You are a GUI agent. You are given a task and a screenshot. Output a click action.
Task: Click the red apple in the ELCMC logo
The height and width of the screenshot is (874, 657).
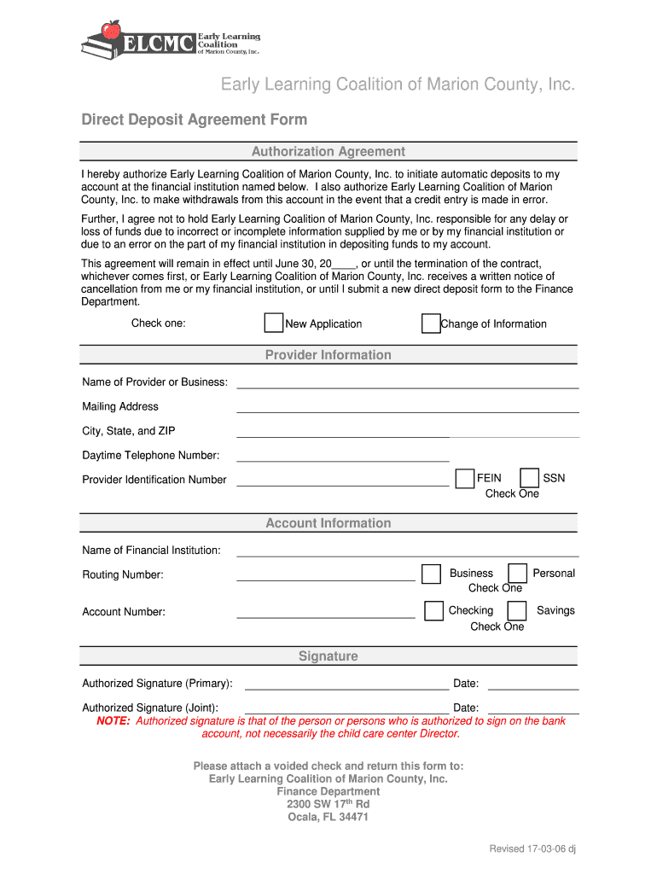[x=110, y=31]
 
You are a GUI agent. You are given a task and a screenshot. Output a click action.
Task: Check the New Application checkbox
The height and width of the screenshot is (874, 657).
[x=274, y=323]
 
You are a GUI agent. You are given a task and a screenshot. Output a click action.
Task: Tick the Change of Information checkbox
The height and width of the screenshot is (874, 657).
[x=431, y=323]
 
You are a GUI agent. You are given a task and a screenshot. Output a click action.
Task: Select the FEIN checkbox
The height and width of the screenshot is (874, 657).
[x=465, y=478]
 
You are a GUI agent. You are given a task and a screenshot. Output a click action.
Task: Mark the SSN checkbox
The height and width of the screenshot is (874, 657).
[x=530, y=478]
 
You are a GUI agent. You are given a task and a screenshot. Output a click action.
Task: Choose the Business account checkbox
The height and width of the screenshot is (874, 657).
[x=432, y=574]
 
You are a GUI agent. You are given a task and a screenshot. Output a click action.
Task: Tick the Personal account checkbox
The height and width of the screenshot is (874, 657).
[x=517, y=574]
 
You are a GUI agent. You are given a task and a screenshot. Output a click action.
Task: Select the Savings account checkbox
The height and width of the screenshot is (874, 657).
[x=517, y=610]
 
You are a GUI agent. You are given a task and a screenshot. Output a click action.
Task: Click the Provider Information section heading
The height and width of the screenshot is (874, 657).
[x=328, y=355]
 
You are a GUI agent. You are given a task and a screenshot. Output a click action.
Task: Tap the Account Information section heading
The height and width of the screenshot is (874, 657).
[x=328, y=523]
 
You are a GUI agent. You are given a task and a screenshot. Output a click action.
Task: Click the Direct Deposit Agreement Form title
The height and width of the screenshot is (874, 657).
[x=195, y=119]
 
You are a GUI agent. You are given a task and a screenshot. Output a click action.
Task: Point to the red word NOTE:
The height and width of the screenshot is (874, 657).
[x=113, y=721]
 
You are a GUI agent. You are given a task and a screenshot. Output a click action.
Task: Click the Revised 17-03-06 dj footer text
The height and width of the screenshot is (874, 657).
[x=533, y=848]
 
